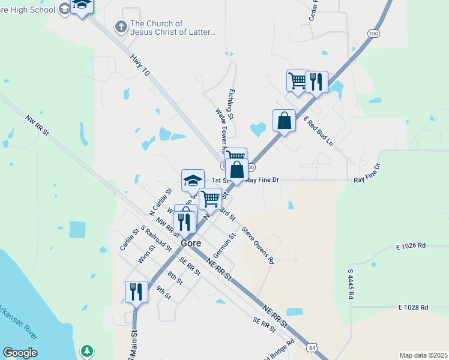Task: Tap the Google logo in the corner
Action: (x=20, y=353)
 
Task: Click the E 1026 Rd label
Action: (x=411, y=246)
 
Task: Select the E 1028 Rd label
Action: (x=413, y=307)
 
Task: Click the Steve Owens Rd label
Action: (x=258, y=245)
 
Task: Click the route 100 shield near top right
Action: (x=374, y=34)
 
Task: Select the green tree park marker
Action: (x=88, y=350)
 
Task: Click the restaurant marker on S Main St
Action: (x=136, y=293)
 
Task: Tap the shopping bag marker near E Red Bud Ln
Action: (x=284, y=121)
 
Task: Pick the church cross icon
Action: (x=121, y=26)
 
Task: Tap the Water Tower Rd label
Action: (x=220, y=130)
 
